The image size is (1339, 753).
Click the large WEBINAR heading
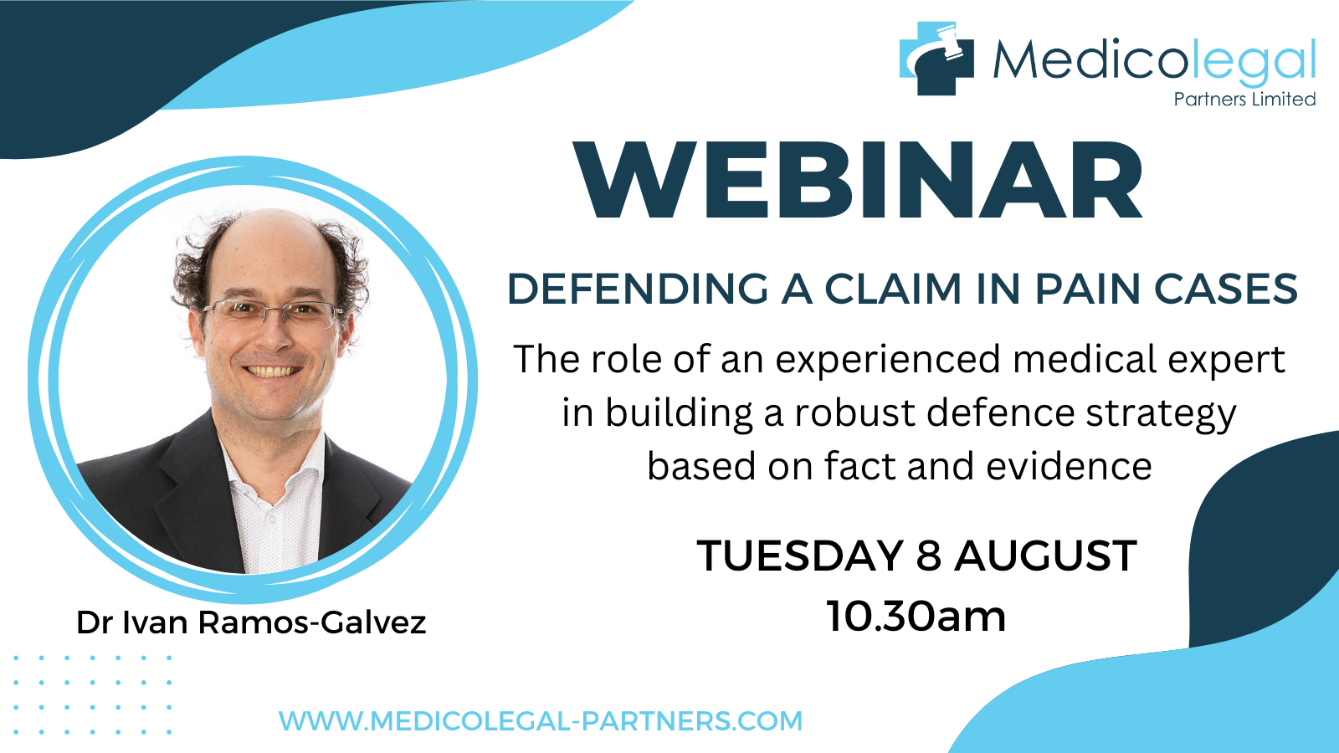(858, 181)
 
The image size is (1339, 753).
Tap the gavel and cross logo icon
(936, 58)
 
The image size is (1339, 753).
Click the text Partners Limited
(1244, 100)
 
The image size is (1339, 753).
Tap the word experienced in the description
(888, 361)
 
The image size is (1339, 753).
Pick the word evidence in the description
(1069, 466)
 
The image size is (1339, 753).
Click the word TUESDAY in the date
(800, 556)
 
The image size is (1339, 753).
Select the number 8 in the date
(928, 556)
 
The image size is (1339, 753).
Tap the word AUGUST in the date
(1045, 556)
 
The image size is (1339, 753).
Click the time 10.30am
(916, 616)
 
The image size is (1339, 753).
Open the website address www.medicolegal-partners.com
(541, 720)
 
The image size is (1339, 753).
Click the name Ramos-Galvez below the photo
(312, 622)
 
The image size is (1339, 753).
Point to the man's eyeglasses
(273, 313)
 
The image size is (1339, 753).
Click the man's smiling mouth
(273, 371)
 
